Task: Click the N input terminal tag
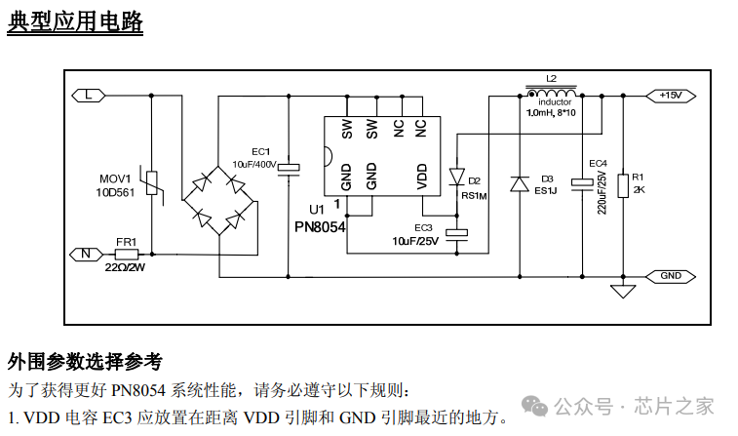[x=87, y=254]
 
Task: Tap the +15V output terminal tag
[x=670, y=95]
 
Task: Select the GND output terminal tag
[x=670, y=276]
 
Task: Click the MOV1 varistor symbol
[x=152, y=183]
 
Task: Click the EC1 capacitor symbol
[x=289, y=169]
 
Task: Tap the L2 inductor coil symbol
[x=551, y=92]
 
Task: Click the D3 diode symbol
[x=519, y=182]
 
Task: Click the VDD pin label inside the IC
[x=421, y=176]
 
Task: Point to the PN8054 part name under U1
[x=320, y=226]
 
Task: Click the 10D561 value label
[x=115, y=193]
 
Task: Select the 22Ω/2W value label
[x=125, y=267]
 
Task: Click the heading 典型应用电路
[x=75, y=21]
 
